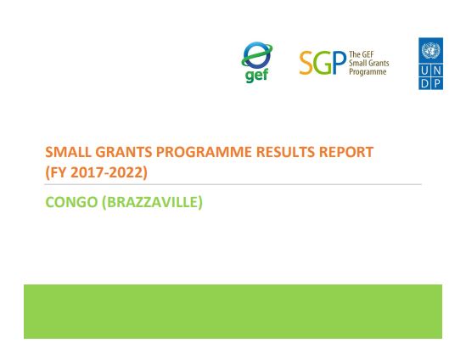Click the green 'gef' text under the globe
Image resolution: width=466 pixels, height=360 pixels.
[x=257, y=76]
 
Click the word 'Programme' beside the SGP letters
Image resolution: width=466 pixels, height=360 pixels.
[x=368, y=72]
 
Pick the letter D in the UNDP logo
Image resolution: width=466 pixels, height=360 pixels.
[x=425, y=83]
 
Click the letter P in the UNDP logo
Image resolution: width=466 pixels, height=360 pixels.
[x=436, y=83]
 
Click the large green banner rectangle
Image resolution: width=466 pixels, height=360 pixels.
[x=233, y=311]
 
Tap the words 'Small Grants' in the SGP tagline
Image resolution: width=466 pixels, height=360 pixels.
[x=369, y=64]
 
